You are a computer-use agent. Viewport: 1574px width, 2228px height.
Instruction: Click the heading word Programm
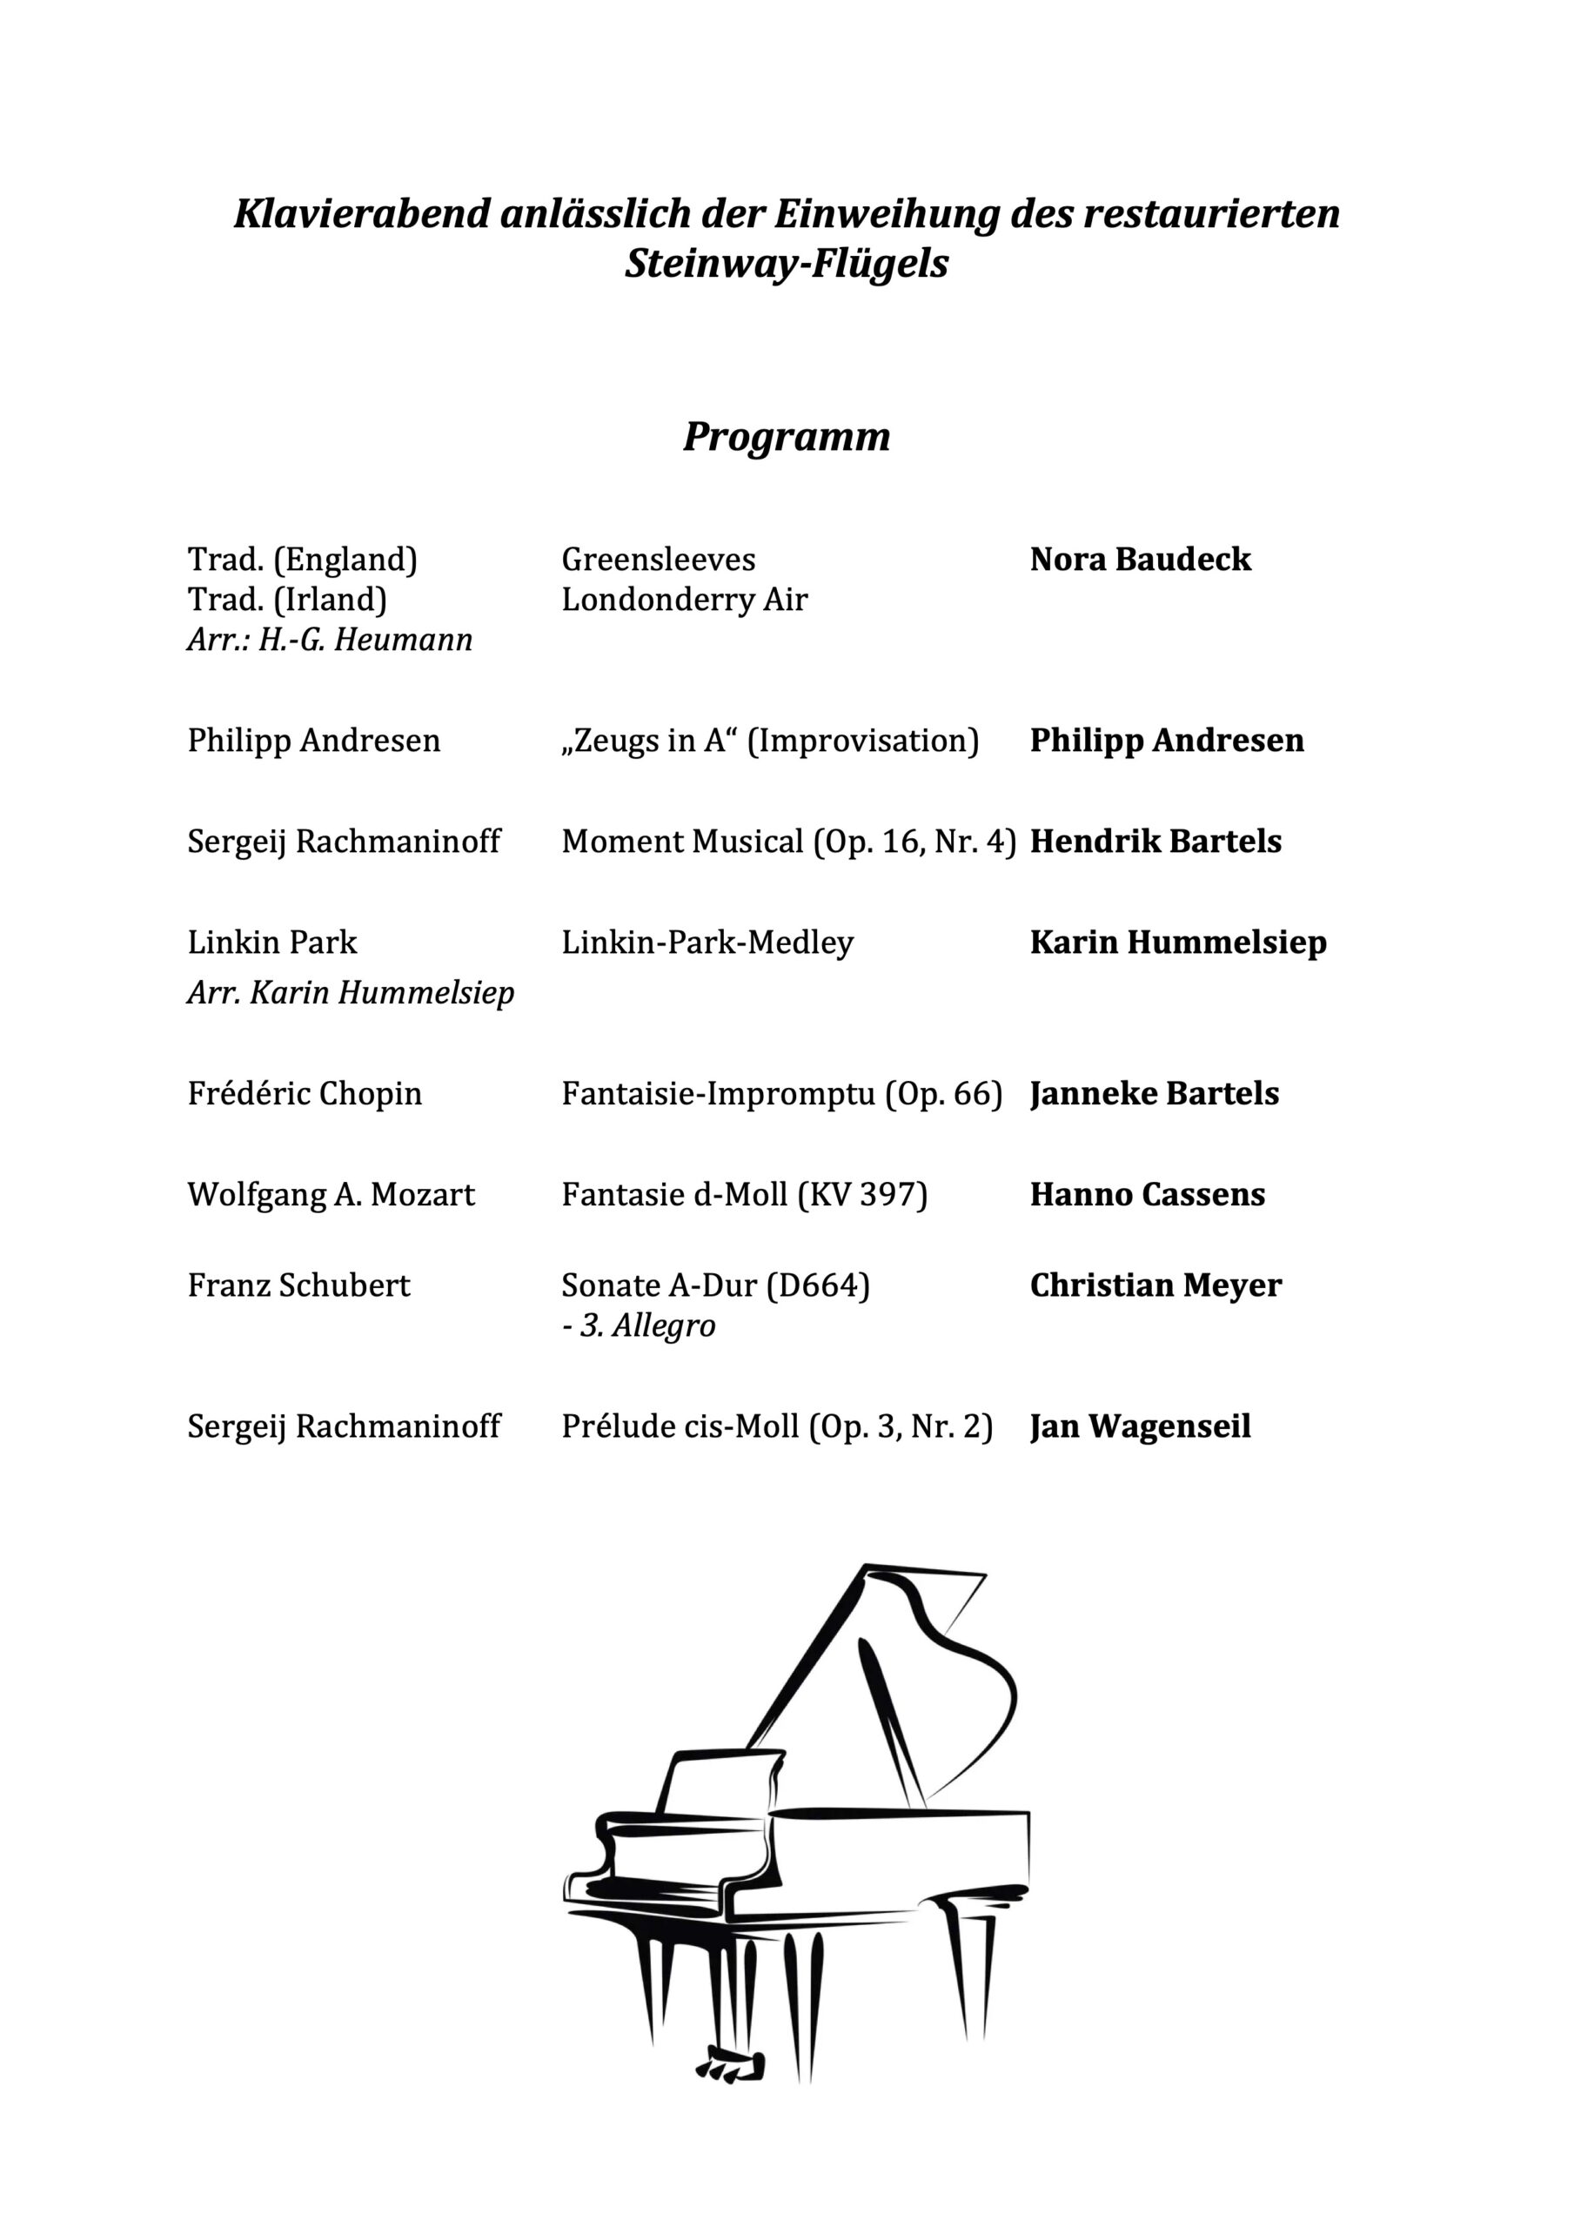coord(786,437)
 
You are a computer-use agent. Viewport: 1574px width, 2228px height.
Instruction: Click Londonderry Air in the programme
coord(684,600)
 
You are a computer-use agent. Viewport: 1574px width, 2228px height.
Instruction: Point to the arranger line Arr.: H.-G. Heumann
coord(330,641)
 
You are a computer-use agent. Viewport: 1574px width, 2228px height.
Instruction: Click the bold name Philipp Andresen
coord(1167,741)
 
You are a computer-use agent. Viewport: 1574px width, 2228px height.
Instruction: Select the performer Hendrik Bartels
coord(1155,842)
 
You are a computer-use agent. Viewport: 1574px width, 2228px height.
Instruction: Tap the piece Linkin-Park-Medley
coord(707,943)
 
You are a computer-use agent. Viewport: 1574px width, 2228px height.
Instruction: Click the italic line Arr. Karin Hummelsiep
coord(351,993)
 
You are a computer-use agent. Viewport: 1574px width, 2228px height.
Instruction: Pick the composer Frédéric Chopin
coord(305,1094)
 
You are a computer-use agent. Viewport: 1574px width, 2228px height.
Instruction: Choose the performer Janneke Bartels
coord(1154,1094)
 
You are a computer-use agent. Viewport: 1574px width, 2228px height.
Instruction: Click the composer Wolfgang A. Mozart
coord(331,1195)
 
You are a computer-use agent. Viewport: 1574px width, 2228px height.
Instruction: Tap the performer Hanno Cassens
coord(1147,1195)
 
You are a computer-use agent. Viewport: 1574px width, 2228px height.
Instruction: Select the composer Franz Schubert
coord(299,1285)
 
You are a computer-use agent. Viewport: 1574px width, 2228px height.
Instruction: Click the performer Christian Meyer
coord(1155,1285)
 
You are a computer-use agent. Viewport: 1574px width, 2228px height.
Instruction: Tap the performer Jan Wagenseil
coord(1140,1426)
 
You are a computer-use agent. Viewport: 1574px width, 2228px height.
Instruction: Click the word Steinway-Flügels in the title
coord(786,264)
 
